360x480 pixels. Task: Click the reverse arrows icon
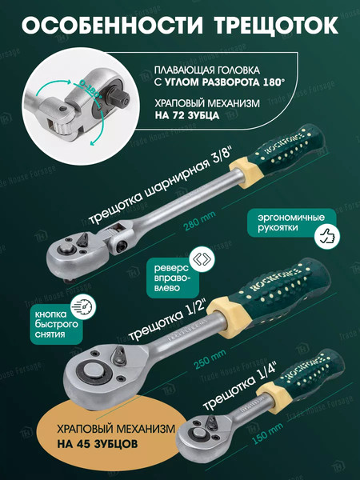tap(199, 258)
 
